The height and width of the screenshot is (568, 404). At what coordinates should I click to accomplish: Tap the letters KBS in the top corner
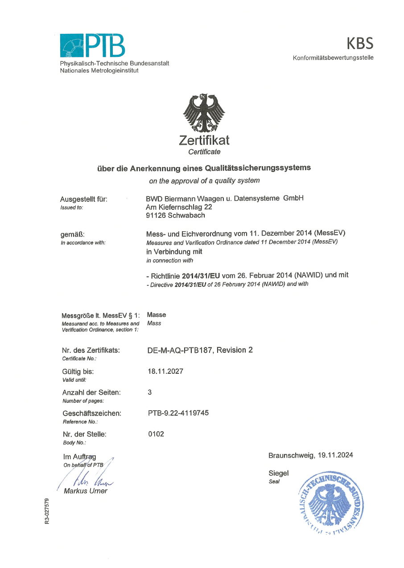[360, 44]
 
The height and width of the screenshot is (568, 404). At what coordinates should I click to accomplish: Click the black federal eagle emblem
[204, 113]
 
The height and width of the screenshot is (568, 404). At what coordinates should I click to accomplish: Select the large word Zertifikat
[204, 140]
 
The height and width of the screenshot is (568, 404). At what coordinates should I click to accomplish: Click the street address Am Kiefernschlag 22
[179, 207]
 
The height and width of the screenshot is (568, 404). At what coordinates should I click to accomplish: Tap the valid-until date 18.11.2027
[165, 371]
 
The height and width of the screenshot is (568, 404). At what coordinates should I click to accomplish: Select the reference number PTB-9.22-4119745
[178, 413]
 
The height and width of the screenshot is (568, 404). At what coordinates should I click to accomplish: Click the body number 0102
[156, 434]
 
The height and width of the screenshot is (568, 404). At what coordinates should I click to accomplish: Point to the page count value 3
[150, 392]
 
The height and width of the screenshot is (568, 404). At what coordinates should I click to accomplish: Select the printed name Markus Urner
[86, 491]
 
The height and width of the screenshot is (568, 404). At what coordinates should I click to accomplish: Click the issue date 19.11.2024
[335, 455]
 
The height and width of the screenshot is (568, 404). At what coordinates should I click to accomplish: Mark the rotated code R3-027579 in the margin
[47, 511]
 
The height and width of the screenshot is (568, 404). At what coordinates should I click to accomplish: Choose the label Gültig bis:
[78, 372]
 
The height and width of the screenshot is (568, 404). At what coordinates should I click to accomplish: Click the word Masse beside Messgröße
[156, 315]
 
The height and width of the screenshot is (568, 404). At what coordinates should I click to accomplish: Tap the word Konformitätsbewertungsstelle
[333, 58]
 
